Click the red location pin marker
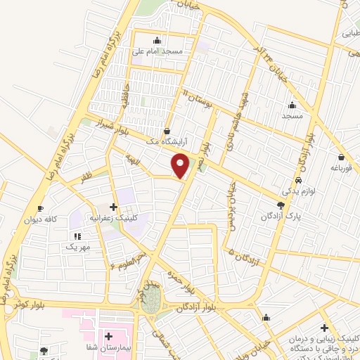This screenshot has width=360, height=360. coord(181,165)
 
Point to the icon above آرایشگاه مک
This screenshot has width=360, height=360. coord(167,131)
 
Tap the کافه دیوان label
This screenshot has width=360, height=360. coord(41,219)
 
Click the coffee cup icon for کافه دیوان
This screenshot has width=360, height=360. coord(41,209)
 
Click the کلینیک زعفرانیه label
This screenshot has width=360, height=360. coord(117,218)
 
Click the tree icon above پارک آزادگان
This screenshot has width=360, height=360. coord(281,205)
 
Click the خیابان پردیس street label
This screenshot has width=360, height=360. coord(231,208)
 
